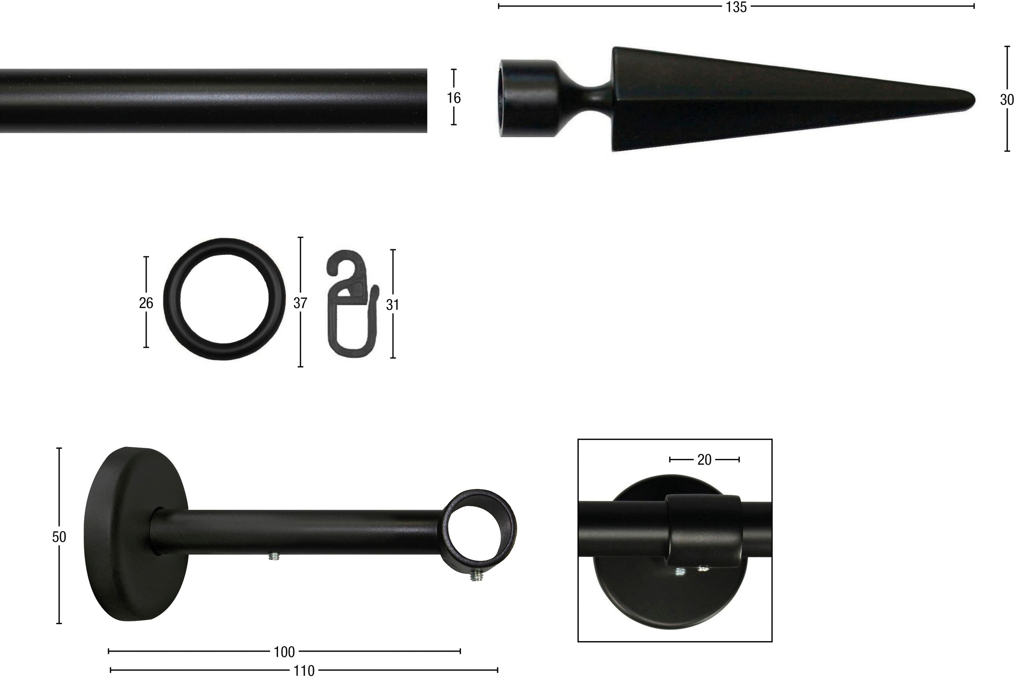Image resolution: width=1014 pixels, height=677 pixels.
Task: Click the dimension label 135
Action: [736, 7]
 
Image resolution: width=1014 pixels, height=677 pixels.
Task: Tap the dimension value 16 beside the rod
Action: [454, 98]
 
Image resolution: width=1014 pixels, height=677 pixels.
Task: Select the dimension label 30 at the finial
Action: [1006, 100]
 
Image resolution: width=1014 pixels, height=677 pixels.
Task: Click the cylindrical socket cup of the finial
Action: [525, 98]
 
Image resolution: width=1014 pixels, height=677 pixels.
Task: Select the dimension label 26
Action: [146, 303]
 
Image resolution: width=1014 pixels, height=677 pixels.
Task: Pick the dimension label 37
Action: [300, 303]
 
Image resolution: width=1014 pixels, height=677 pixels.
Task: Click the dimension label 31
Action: [392, 305]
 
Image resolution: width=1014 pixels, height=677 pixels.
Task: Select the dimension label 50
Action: [59, 537]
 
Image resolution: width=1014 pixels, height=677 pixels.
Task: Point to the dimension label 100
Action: [284, 652]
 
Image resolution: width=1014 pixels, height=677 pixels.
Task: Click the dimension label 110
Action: [304, 671]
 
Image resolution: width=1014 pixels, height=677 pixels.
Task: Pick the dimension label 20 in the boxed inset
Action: [704, 460]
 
